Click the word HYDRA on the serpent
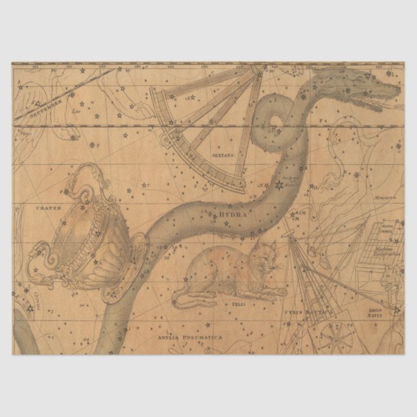tap(234, 213)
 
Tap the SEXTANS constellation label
tap(224, 155)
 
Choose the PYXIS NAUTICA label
tap(308, 311)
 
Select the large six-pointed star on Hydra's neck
tap(279, 186)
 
